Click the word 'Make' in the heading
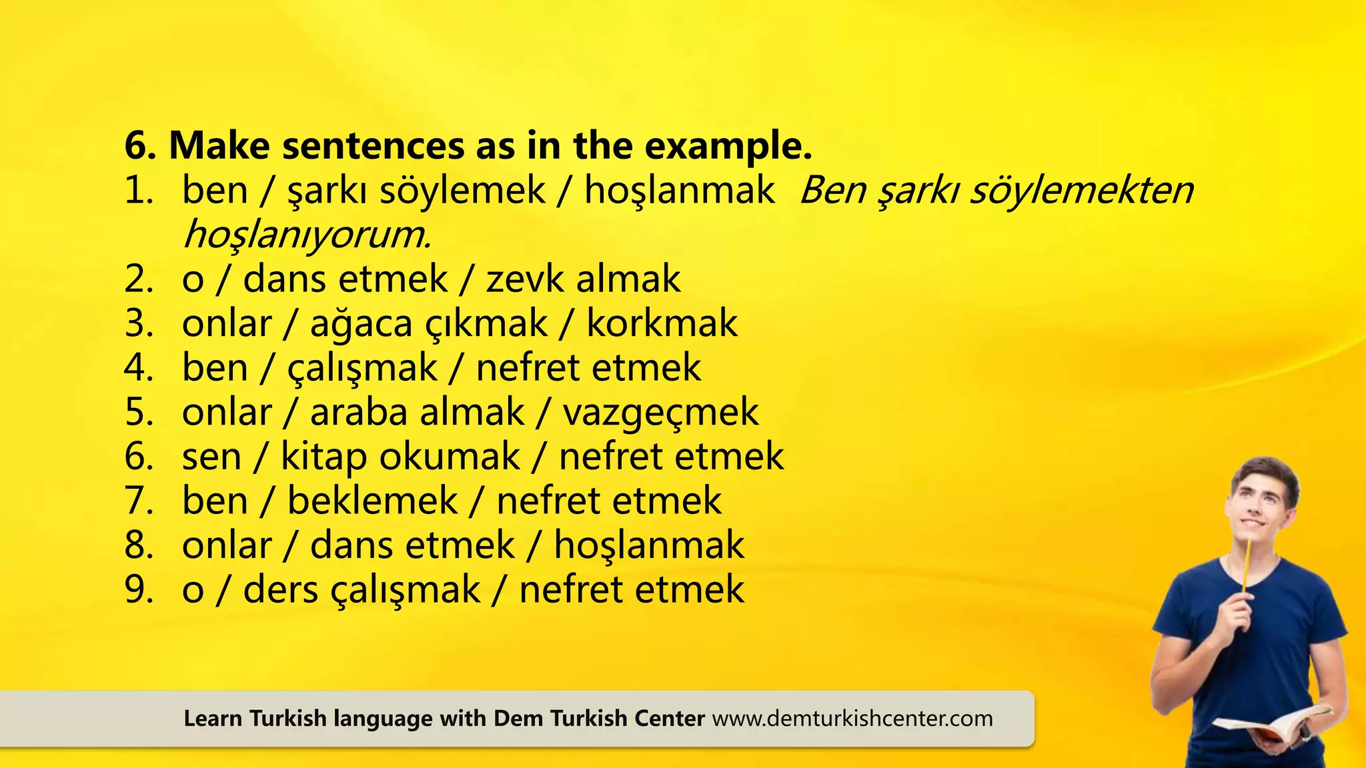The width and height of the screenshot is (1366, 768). pyautogui.click(x=219, y=146)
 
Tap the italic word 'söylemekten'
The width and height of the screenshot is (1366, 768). pyautogui.click(x=1081, y=191)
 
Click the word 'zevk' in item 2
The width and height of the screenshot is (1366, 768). pyautogui.click(x=524, y=279)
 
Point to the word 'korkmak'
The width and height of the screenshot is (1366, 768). pyautogui.click(x=662, y=324)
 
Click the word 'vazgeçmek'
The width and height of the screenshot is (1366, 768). pyautogui.click(x=660, y=413)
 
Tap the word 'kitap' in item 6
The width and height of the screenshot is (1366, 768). pyautogui.click(x=323, y=457)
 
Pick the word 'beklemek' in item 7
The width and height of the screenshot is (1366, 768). pyautogui.click(x=372, y=501)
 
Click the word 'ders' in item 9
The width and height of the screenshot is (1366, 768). pyautogui.click(x=280, y=590)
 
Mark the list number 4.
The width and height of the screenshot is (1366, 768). pyautogui.click(x=139, y=368)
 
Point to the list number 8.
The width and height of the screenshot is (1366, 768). pyautogui.click(x=139, y=546)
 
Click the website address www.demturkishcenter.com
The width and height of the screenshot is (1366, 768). pyautogui.click(x=852, y=719)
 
